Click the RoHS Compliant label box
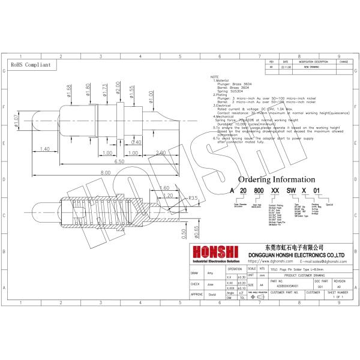coord(30,64)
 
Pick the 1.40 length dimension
coord(44,149)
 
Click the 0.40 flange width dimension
coord(136,142)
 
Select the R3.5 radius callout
coord(193,197)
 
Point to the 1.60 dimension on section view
coord(165,188)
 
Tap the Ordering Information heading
coord(276,179)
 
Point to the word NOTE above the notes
coord(214,77)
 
